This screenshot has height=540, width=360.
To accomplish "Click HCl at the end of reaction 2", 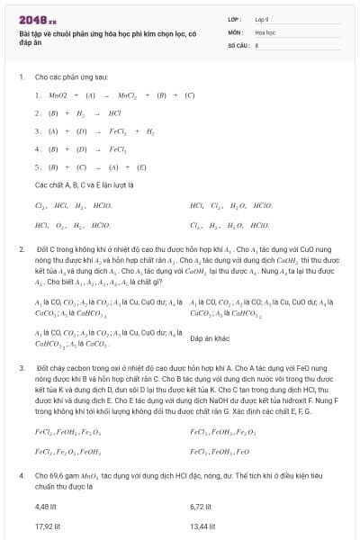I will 114,113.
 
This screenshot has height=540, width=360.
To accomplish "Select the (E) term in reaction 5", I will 141,166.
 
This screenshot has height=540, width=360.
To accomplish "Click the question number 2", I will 21,247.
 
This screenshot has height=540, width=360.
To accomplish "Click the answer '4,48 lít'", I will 46,506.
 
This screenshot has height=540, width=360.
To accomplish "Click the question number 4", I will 21,473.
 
